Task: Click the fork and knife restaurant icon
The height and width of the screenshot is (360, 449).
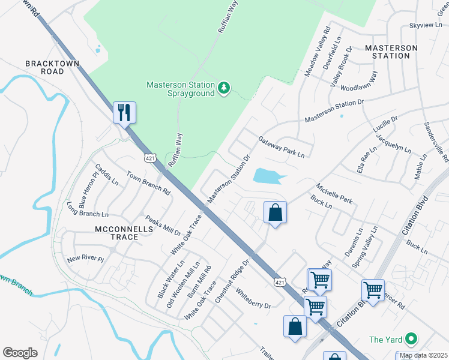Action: click(x=124, y=112)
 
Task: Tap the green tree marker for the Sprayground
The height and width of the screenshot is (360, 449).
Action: click(x=224, y=89)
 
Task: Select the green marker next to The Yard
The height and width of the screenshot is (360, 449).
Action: click(x=411, y=340)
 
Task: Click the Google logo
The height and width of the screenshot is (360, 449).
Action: click(x=20, y=353)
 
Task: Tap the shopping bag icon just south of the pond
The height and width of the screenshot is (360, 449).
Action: click(x=275, y=212)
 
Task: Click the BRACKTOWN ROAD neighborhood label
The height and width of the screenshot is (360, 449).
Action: click(x=44, y=67)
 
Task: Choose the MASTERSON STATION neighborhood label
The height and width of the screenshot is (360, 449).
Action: click(x=391, y=52)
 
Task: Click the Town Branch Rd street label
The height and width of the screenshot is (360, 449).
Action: click(x=148, y=182)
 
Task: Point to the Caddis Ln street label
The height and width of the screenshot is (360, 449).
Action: click(x=107, y=174)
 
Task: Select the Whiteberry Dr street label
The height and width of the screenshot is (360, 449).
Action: click(x=253, y=298)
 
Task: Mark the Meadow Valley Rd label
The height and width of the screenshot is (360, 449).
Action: click(x=318, y=52)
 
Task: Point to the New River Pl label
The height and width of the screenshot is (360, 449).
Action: click(x=85, y=259)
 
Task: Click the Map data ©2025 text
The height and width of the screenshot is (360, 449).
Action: click(x=423, y=355)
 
